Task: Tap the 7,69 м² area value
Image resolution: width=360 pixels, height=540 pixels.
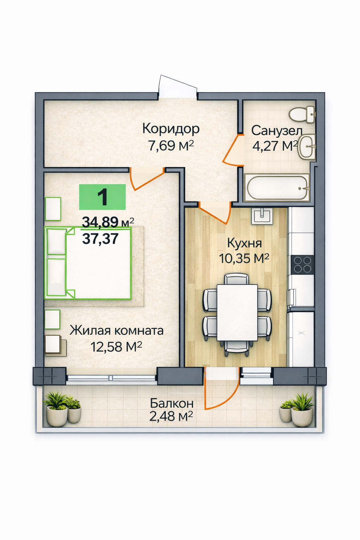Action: [171, 145]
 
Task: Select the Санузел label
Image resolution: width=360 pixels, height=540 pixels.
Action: [276, 131]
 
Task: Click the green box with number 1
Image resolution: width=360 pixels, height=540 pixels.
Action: [102, 197]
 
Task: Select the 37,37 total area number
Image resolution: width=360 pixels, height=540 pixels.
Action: [100, 239]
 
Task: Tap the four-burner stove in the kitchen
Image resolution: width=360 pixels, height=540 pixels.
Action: [302, 264]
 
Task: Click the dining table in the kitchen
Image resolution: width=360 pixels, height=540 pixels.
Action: [237, 313]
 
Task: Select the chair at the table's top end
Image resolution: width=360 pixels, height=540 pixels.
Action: [237, 279]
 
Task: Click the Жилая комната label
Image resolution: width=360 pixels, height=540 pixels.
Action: [116, 330]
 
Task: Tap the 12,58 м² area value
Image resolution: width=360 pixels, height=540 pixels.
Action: [116, 347]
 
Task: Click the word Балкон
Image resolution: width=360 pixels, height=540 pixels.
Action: [172, 403]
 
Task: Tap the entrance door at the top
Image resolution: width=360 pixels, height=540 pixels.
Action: [178, 85]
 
